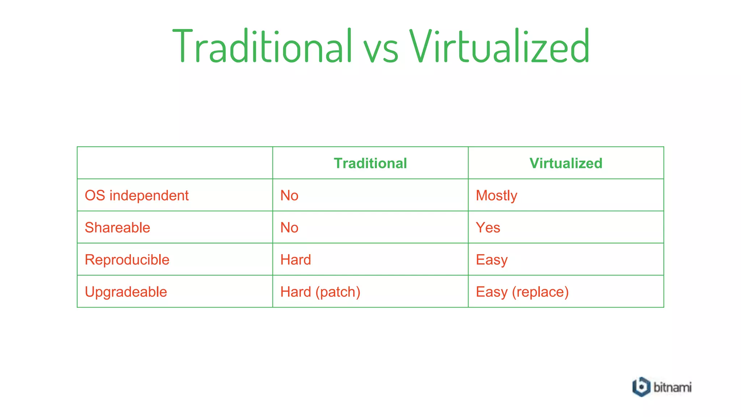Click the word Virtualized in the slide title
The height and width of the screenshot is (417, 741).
point(500,46)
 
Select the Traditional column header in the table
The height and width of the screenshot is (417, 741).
point(370,163)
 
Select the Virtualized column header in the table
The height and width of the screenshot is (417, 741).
point(566,163)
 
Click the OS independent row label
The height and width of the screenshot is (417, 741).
point(137,195)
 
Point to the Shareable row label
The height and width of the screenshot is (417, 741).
point(117,228)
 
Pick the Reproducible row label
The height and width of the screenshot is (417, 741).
point(127,260)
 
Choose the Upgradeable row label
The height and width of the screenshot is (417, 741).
point(126,292)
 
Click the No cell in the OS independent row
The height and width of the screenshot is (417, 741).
point(289,195)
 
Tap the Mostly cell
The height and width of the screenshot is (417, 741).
point(496,195)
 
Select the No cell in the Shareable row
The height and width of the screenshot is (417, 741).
point(289,228)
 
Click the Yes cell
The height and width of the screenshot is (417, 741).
point(488,228)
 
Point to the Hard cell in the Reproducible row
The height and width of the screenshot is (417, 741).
point(296,260)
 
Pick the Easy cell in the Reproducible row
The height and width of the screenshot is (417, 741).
point(492,260)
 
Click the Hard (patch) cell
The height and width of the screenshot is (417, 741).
point(320,292)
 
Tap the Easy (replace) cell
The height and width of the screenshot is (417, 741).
point(522,292)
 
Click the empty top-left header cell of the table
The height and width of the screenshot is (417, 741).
point(175,163)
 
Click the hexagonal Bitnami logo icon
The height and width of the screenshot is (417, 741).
point(641,387)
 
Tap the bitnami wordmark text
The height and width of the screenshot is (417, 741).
point(672,387)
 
